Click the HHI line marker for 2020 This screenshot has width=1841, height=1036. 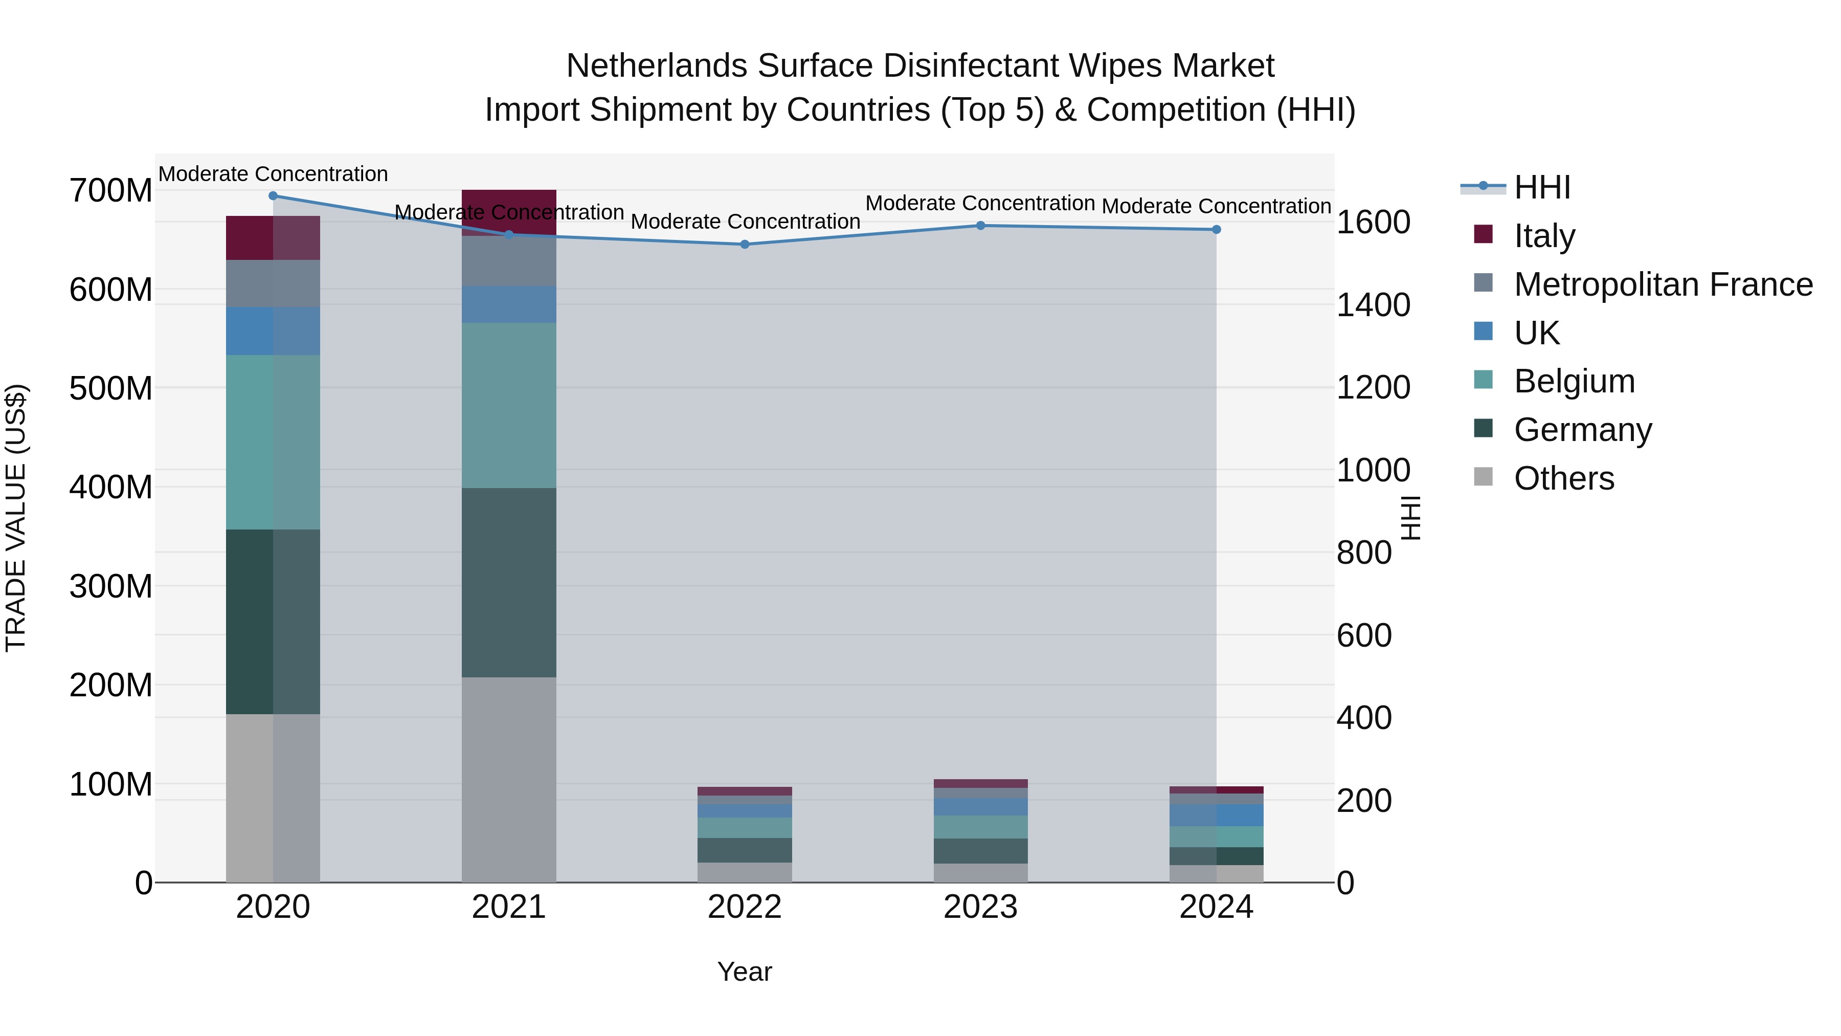click(273, 196)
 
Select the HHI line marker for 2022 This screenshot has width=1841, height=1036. click(745, 245)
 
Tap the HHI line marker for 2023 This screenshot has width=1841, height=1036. click(980, 226)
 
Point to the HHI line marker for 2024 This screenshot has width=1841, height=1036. click(1217, 230)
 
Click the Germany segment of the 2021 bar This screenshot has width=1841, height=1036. click(509, 583)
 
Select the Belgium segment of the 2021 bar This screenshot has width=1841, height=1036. click(509, 405)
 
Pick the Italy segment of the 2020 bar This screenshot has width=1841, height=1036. click(273, 238)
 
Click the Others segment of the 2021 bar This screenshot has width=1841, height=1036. click(509, 779)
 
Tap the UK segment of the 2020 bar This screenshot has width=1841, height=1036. click(273, 331)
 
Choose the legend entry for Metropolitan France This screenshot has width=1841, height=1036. click(1663, 284)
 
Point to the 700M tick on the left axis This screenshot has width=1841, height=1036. click(111, 191)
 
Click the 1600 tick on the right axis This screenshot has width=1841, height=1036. click(1373, 223)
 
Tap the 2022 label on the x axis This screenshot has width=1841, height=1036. click(745, 907)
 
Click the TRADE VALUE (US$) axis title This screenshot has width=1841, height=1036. click(16, 518)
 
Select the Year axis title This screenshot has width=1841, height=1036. click(745, 972)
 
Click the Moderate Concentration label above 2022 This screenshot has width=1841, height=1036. click(745, 222)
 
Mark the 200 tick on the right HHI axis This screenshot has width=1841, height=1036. click(1363, 801)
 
